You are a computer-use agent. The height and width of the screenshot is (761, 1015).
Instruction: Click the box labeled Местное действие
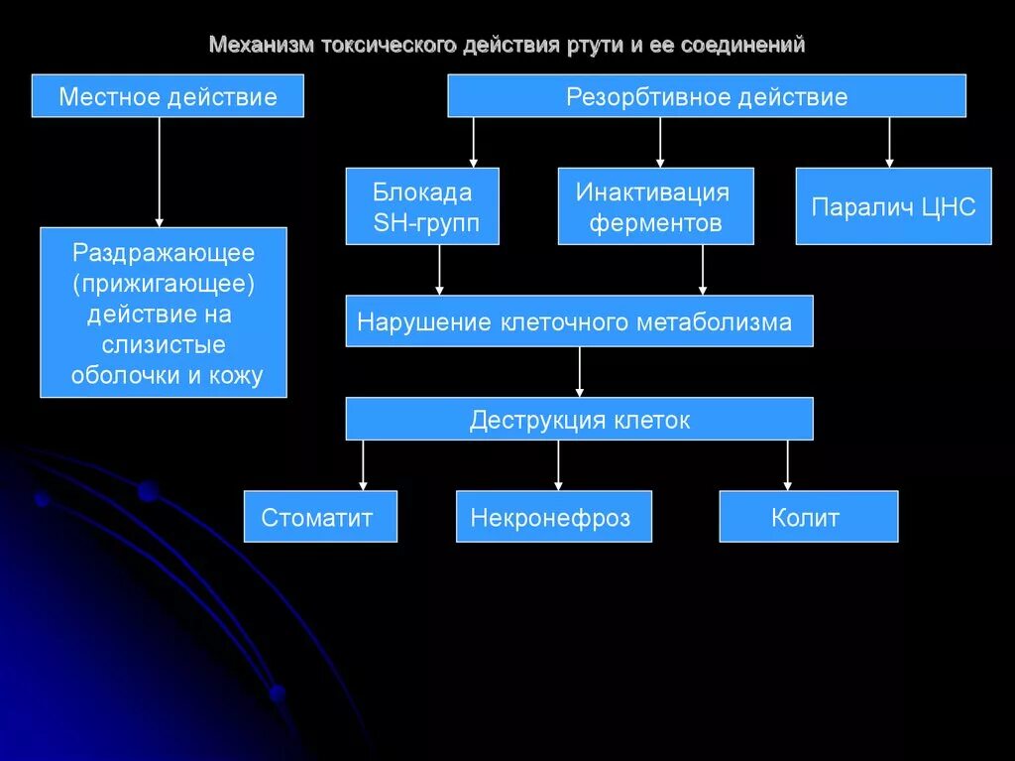coord(168,96)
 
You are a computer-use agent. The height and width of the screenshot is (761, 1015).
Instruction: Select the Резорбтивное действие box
coord(707,96)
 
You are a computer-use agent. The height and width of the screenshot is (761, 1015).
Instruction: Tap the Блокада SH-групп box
coord(422,206)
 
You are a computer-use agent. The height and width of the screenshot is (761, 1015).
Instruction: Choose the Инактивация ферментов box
coord(655,206)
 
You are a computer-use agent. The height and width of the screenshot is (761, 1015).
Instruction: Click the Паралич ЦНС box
coord(893,206)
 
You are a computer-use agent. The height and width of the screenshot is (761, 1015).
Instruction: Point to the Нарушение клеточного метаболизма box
coord(579,321)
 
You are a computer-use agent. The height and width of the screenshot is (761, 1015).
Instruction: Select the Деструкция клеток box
coord(579,420)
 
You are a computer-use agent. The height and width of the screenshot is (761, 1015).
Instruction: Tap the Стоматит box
coord(320,517)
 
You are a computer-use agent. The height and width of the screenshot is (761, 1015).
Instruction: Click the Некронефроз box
coord(553,517)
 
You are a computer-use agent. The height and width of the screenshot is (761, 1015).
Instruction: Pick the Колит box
coord(808,517)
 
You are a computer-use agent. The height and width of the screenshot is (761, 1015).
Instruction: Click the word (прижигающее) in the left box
coord(164,285)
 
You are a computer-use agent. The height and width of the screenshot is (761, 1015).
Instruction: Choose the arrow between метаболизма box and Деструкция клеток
coord(579,372)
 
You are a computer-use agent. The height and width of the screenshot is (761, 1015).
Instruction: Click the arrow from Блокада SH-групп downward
coord(439,269)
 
